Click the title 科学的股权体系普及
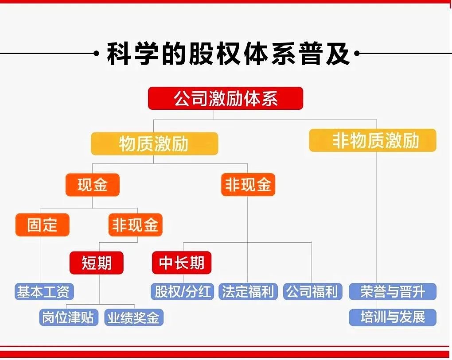click(228, 54)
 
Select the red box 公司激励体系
click(226, 98)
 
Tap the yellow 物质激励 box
click(155, 143)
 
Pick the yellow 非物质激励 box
click(372, 140)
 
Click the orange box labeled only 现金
click(93, 185)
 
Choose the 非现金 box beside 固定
click(136, 225)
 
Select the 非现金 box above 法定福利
click(248, 185)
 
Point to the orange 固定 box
click(43, 225)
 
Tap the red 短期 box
click(97, 263)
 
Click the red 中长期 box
click(182, 263)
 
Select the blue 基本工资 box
click(44, 291)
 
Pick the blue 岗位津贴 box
click(69, 317)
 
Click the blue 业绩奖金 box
click(134, 317)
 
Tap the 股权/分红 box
click(182, 291)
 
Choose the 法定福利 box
click(248, 291)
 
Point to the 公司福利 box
click(313, 291)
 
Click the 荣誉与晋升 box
click(393, 291)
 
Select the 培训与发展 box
click(393, 317)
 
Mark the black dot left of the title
click(97, 53)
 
